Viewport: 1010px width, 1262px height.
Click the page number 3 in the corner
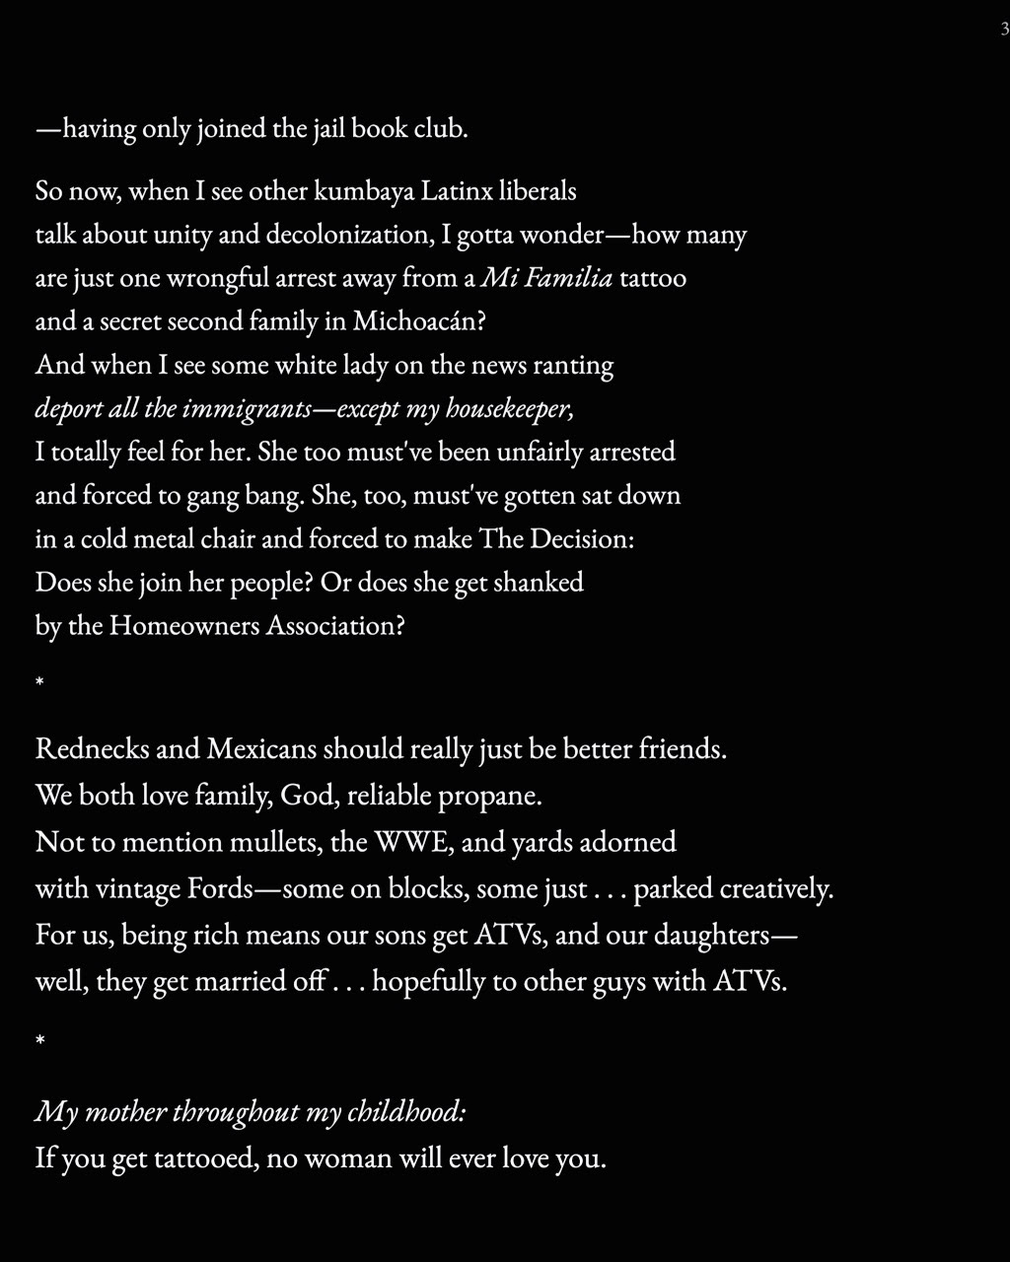coord(1004,30)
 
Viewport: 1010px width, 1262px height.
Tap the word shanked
coord(538,582)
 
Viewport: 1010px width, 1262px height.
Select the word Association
coord(335,625)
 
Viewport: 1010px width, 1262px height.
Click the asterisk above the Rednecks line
coord(39,683)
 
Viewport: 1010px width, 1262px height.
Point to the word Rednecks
coord(92,749)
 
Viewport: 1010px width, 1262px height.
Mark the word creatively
coord(776,888)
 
